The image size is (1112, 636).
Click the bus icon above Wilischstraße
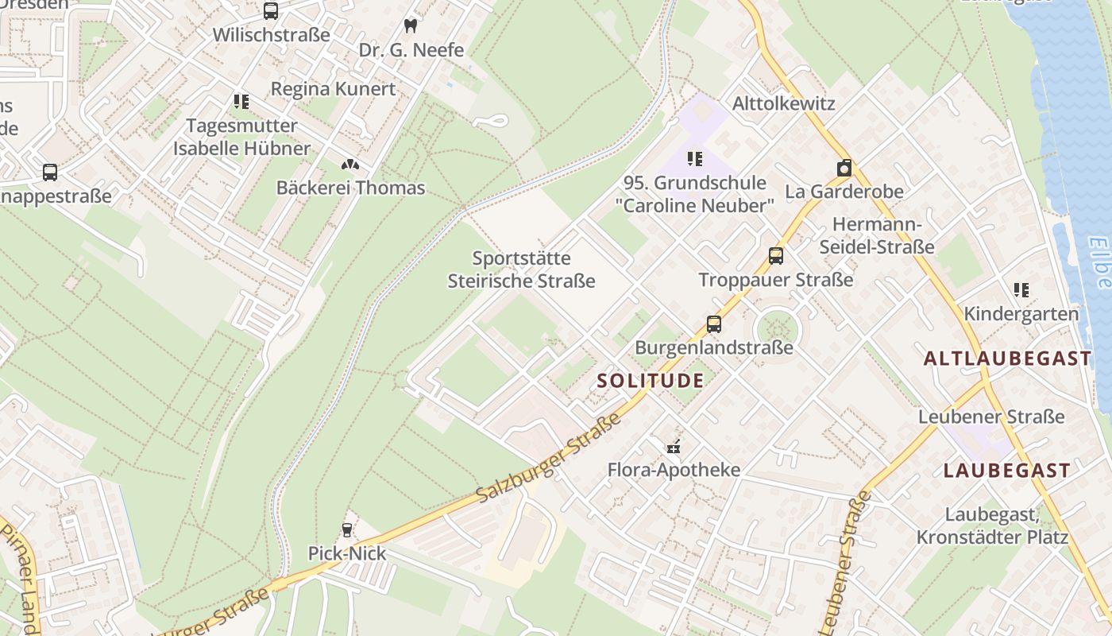271,11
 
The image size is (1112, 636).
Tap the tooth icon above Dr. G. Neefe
411,25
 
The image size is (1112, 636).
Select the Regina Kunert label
333,88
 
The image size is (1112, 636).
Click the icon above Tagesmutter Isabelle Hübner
241,102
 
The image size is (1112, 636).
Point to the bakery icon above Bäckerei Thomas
350,165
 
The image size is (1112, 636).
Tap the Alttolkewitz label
783,103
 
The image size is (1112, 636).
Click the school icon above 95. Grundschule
695,159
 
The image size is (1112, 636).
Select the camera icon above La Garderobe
844,169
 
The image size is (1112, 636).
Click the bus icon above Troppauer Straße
776,256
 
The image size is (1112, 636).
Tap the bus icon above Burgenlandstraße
714,324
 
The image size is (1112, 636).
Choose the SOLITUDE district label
651,381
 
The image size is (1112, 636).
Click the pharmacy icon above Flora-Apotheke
674,447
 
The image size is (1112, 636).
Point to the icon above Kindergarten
1021,290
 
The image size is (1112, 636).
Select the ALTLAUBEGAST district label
1008,359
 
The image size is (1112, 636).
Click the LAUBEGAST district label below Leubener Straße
1007,471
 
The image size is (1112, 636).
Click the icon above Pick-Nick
347,530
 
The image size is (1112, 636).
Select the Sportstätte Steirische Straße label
521,270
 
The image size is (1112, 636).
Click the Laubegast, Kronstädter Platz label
992,526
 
